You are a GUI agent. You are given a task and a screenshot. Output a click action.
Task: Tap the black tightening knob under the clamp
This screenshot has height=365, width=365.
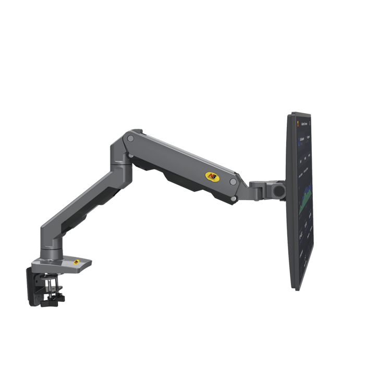(x=53, y=300)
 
